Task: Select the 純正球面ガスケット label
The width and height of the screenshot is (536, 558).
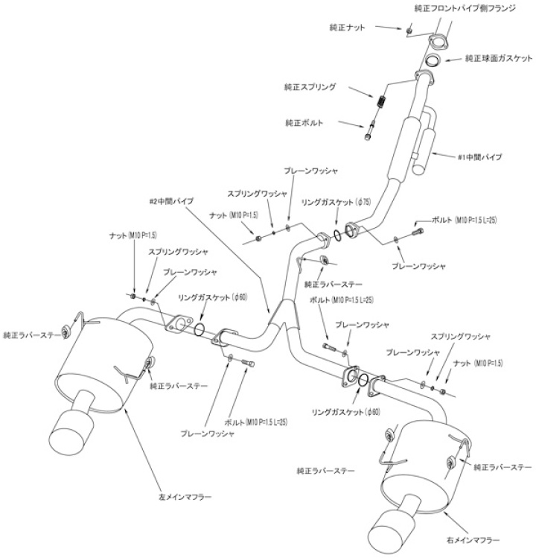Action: pyautogui.click(x=499, y=58)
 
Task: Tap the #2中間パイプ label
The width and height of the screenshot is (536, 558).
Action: pyautogui.click(x=172, y=201)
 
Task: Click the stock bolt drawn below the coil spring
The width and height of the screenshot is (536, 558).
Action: pyautogui.click(x=371, y=130)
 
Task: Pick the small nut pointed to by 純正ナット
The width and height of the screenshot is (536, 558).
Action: pyautogui.click(x=409, y=31)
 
